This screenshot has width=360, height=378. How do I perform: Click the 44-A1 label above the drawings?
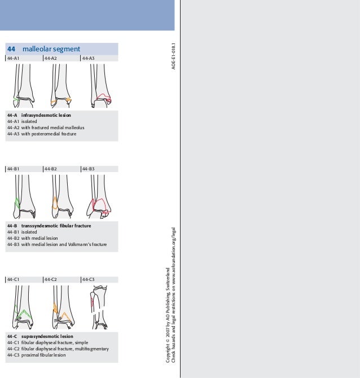(x=14, y=58)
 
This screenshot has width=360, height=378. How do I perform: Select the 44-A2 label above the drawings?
(x=51, y=58)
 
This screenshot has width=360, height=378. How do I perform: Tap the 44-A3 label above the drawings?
(x=89, y=58)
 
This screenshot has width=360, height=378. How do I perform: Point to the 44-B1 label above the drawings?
(x=14, y=169)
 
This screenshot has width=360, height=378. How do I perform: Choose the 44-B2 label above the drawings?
(x=51, y=169)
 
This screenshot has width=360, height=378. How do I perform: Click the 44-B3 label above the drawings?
(x=89, y=169)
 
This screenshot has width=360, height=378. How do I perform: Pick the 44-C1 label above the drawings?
(x=14, y=279)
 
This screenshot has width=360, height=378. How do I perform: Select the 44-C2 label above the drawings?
(x=51, y=279)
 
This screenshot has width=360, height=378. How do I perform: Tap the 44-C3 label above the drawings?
(x=89, y=279)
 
